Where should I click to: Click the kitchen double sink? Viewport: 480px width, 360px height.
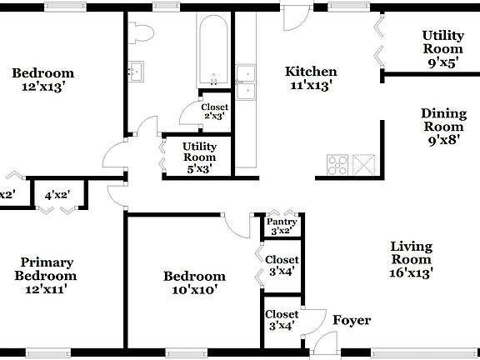tap(246, 82)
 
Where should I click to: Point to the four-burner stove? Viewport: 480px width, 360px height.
tap(338, 163)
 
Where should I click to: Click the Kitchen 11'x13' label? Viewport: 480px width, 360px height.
tap(311, 77)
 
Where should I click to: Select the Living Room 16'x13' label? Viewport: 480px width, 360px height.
tap(411, 258)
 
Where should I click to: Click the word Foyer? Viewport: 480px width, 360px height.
tap(352, 321)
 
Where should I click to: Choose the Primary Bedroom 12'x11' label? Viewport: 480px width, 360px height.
tap(48, 276)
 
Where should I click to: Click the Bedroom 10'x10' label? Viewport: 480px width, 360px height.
tap(193, 282)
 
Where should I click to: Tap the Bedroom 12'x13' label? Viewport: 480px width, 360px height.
tap(42, 79)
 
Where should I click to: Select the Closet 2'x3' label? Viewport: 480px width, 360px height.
tap(214, 112)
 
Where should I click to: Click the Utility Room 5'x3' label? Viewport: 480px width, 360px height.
tap(199, 157)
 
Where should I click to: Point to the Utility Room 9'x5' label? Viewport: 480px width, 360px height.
tap(442, 48)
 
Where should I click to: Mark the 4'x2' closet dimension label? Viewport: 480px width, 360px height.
tap(57, 195)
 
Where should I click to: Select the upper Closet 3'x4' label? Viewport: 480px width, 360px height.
tap(282, 265)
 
